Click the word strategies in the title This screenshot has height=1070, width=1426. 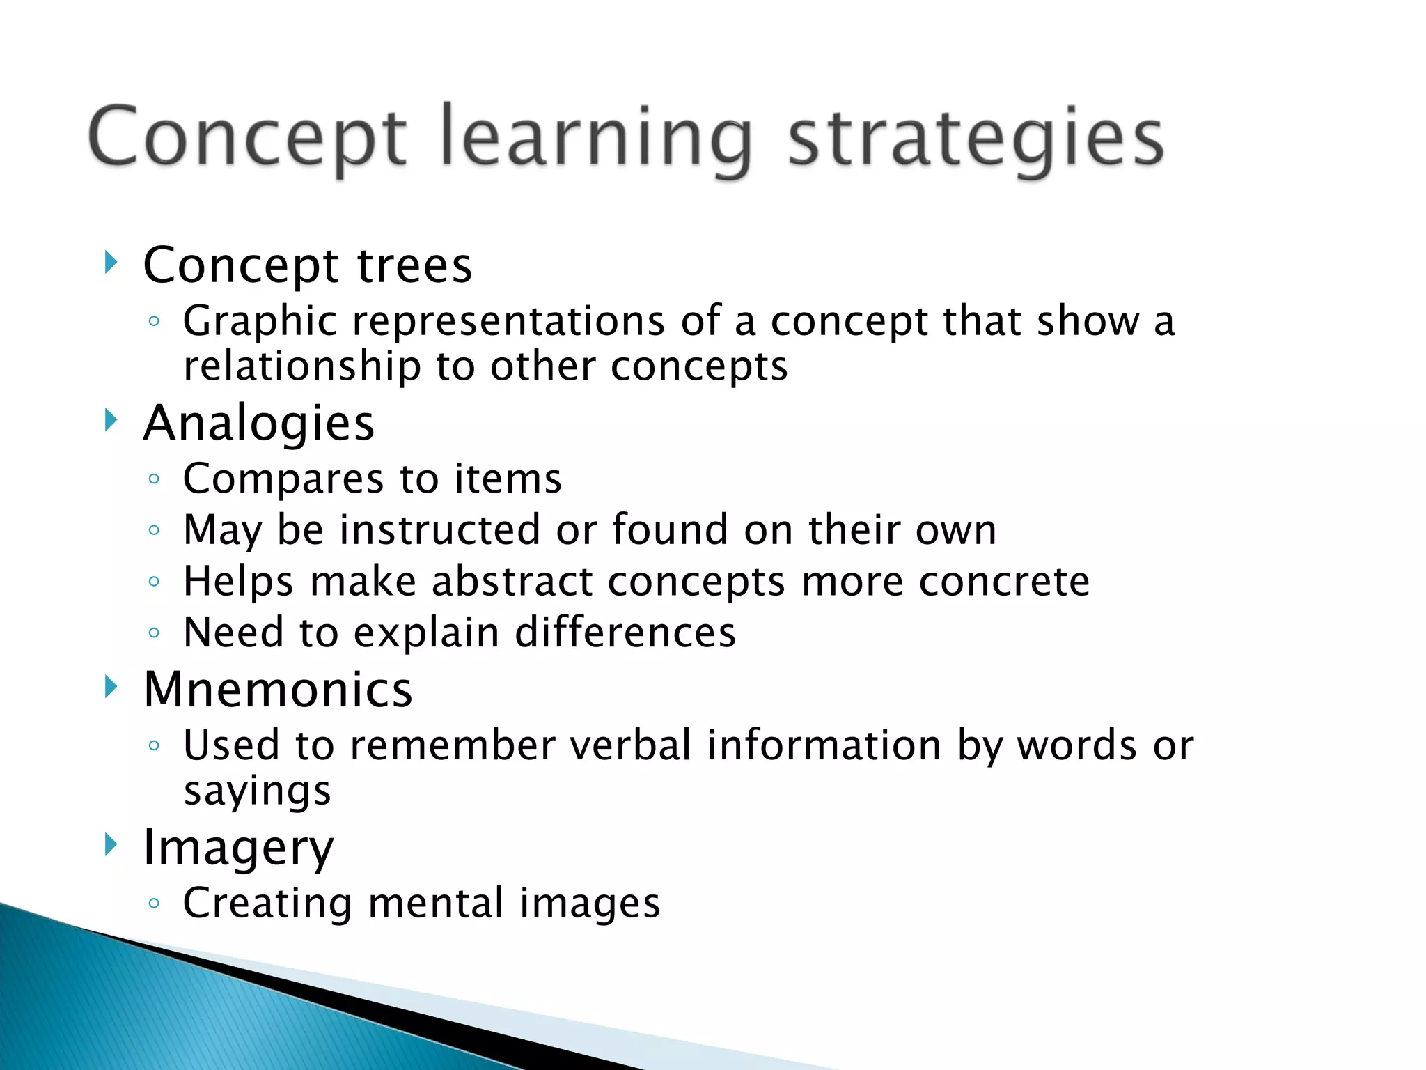coord(975,139)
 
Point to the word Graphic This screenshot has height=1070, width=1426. coord(260,323)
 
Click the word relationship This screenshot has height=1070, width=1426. coord(301,366)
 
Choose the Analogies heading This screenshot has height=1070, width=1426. coord(258,424)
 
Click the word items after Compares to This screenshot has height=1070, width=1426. coord(508,479)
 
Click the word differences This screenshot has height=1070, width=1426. coord(625,633)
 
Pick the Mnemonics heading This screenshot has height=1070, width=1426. coord(277,690)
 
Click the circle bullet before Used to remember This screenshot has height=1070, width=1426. coord(155,745)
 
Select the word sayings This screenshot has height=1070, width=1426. coord(257,792)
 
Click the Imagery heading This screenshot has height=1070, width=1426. coord(238,848)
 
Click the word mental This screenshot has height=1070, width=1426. coord(436,904)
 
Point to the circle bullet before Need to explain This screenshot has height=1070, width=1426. coord(155,633)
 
